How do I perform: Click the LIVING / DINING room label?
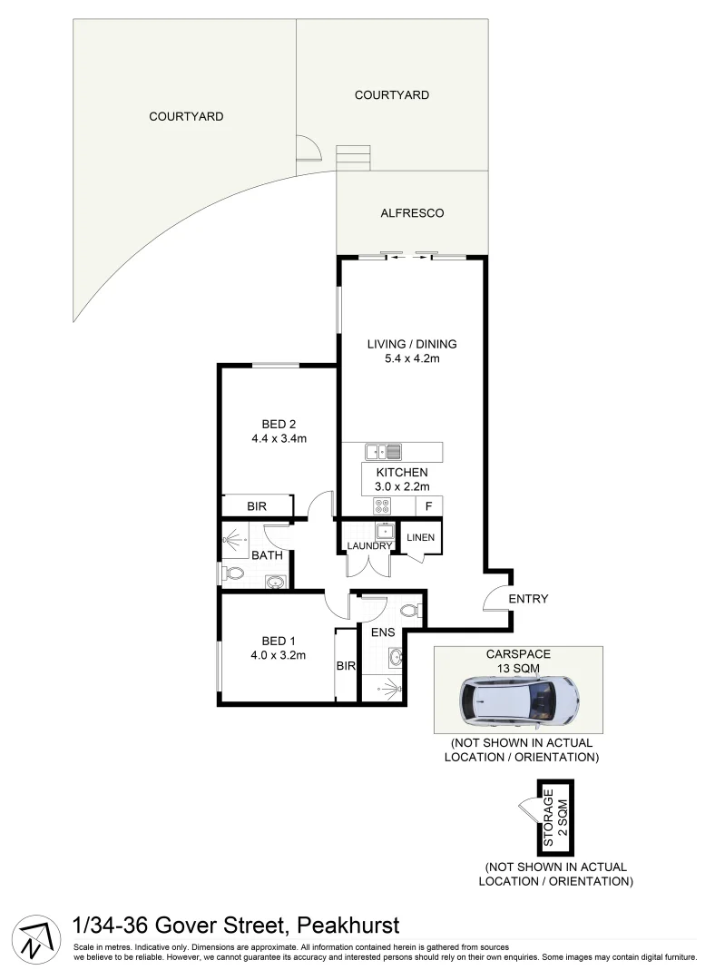(x=411, y=344)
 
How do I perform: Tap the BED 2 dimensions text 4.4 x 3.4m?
(x=279, y=439)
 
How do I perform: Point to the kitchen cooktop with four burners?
(x=382, y=506)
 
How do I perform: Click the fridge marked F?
(x=428, y=506)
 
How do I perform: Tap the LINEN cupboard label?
(x=421, y=537)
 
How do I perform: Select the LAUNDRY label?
(x=369, y=545)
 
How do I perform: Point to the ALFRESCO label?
(x=412, y=213)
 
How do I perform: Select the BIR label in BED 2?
(x=257, y=506)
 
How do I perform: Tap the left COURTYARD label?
(x=186, y=116)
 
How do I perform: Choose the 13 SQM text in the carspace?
(x=519, y=668)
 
